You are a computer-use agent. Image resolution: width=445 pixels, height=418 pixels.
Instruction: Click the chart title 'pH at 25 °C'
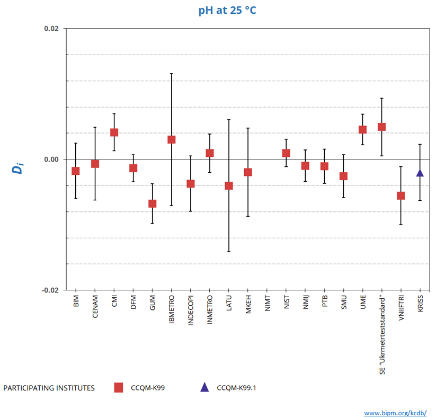click(227, 10)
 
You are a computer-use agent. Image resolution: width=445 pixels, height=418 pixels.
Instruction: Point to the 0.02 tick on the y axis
click(50, 29)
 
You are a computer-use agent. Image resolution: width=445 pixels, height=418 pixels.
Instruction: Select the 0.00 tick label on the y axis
click(50, 159)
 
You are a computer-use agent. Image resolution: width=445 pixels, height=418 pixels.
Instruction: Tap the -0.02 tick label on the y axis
click(49, 290)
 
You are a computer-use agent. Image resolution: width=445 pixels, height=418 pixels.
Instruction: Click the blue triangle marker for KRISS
click(420, 173)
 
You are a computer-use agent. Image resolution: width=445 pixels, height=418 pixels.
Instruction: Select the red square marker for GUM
click(152, 203)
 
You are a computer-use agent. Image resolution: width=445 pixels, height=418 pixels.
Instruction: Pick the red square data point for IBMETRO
click(171, 140)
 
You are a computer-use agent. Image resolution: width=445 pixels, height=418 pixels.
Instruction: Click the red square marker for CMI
click(114, 132)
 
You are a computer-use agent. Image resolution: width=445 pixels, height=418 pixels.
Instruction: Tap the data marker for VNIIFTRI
click(401, 195)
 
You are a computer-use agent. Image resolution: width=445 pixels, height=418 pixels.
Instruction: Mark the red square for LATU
click(229, 185)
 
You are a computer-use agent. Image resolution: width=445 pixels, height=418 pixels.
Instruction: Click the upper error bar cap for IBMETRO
click(171, 74)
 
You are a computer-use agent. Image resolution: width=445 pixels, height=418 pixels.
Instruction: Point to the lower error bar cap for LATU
click(229, 252)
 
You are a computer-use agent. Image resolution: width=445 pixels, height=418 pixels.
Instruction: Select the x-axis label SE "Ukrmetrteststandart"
click(382, 333)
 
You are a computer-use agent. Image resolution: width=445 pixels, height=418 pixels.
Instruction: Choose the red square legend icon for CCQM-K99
click(119, 388)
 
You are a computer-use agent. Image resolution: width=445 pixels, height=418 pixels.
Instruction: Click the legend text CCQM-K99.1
click(238, 388)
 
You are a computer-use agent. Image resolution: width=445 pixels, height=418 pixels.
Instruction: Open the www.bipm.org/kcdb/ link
click(395, 413)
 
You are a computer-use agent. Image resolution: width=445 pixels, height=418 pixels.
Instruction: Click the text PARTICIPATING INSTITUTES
click(49, 388)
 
